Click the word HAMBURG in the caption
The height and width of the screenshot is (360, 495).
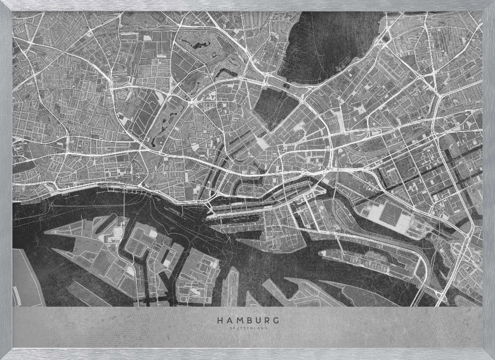click(x=247, y=320)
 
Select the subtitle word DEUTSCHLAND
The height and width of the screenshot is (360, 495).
click(x=247, y=327)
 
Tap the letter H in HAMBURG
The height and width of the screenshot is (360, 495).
click(x=219, y=320)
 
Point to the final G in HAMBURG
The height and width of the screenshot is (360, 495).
click(x=276, y=320)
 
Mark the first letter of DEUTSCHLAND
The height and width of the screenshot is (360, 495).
click(x=231, y=327)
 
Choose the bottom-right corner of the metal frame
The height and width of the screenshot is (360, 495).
click(x=492, y=357)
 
